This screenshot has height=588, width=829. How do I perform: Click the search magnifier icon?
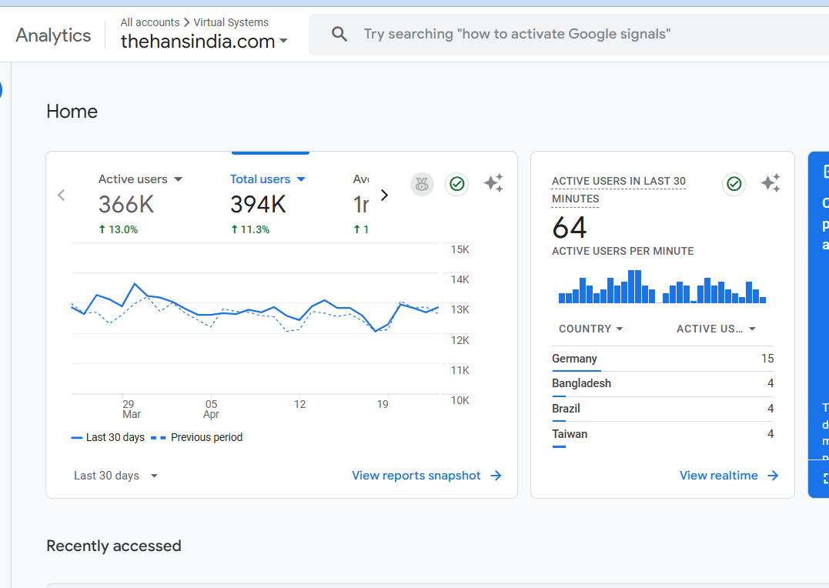(x=339, y=34)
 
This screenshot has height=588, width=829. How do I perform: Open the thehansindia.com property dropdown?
(x=204, y=42)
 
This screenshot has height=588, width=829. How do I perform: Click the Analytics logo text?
(x=53, y=35)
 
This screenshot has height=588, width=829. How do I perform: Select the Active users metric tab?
(x=140, y=179)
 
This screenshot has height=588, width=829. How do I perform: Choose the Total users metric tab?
(x=267, y=179)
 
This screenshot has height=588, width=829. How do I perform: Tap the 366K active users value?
(x=126, y=205)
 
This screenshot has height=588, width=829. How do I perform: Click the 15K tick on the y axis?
(x=460, y=249)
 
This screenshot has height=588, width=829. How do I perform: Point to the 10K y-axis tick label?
(x=460, y=400)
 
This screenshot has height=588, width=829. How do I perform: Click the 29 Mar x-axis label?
(x=131, y=409)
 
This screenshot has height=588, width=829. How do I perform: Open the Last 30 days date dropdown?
(x=115, y=476)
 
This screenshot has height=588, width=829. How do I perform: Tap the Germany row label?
(x=574, y=359)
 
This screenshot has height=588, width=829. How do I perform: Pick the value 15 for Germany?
(x=767, y=359)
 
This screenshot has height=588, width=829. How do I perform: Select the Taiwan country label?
(x=570, y=434)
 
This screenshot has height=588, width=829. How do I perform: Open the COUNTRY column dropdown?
(x=590, y=329)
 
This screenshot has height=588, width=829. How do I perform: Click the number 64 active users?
(x=570, y=228)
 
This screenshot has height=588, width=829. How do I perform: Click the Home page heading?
(x=72, y=112)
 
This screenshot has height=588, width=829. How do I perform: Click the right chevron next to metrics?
(x=385, y=195)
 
